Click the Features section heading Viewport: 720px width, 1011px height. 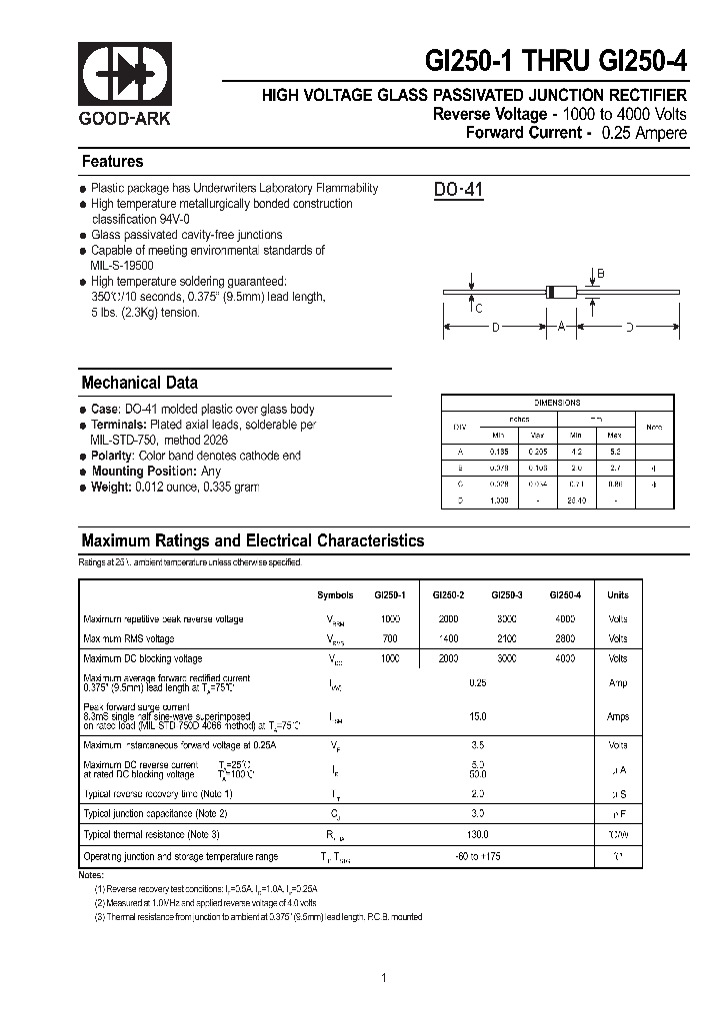(112, 162)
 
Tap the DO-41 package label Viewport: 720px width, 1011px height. (458, 190)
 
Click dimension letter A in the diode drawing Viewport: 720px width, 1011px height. (561, 327)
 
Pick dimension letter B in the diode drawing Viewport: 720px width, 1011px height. (600, 274)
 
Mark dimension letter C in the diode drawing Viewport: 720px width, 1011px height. (479, 309)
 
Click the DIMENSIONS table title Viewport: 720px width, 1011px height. (557, 403)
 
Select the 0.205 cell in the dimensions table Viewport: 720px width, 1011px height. (537, 452)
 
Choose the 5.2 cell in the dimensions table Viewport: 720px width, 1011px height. (614, 452)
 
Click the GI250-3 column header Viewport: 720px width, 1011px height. (507, 595)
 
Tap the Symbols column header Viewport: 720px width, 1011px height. (335, 595)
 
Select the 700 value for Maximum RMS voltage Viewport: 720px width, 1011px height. (390, 638)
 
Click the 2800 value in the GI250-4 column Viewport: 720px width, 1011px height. (564, 638)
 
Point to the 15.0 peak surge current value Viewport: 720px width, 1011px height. (477, 716)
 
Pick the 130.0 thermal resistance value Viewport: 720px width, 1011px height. (477, 834)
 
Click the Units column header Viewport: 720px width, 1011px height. (618, 595)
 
